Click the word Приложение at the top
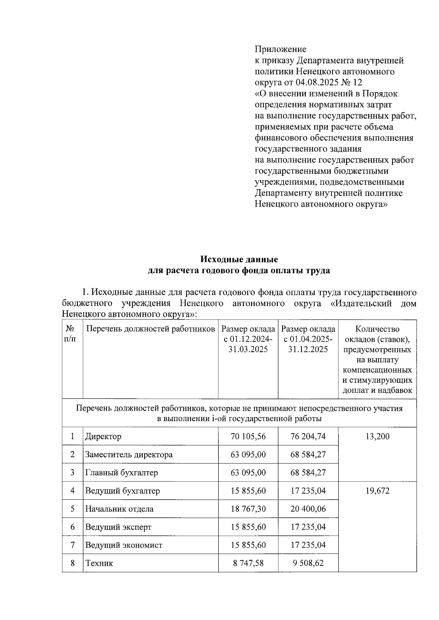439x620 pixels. coord(280,49)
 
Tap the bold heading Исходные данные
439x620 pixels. coord(239,259)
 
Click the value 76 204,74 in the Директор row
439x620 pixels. coord(308,436)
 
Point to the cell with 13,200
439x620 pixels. coord(377,436)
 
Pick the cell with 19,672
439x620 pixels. coord(377,491)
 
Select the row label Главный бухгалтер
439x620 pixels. coord(121,473)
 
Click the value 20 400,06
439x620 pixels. coord(308,509)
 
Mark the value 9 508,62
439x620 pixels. coord(308,563)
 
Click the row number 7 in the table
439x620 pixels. coord(72,545)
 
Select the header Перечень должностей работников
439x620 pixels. coord(150,329)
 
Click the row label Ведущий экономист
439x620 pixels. coord(124,545)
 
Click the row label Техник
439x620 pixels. coord(99,563)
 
